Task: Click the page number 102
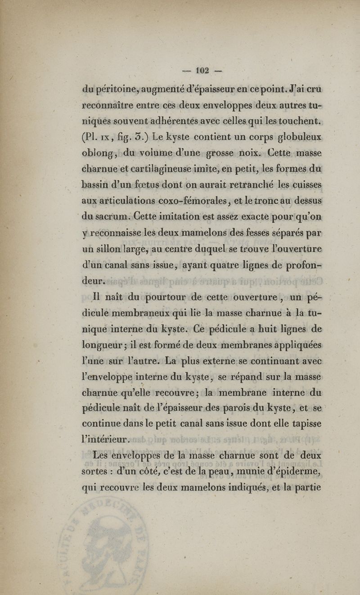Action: tap(200, 71)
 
